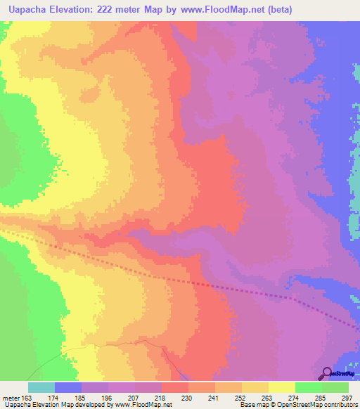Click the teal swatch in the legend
(41, 387)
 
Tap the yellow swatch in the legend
(281, 387)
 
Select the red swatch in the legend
(174, 387)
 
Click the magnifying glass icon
(328, 372)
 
